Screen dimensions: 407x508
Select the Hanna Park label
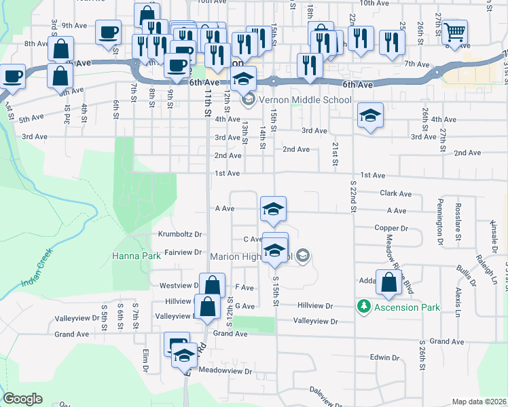coord(136,256)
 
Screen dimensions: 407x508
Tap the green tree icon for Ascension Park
coord(364,307)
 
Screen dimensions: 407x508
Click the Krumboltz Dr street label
coord(181,235)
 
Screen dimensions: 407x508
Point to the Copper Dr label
coord(391,228)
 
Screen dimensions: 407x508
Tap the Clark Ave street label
coord(396,193)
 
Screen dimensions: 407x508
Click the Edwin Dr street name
coord(385,357)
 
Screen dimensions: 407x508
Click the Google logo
coord(23,399)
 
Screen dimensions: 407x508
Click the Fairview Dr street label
coord(183,252)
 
